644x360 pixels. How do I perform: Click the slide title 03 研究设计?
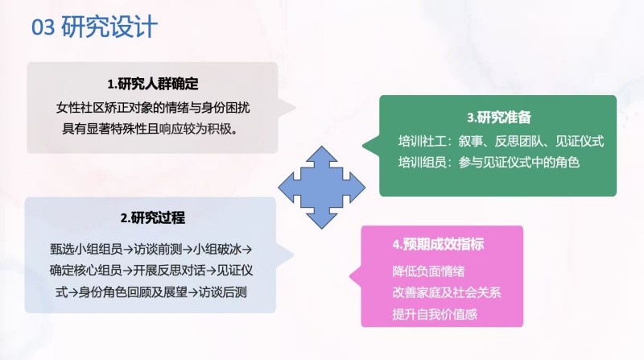94,27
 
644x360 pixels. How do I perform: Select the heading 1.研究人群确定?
152,85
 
